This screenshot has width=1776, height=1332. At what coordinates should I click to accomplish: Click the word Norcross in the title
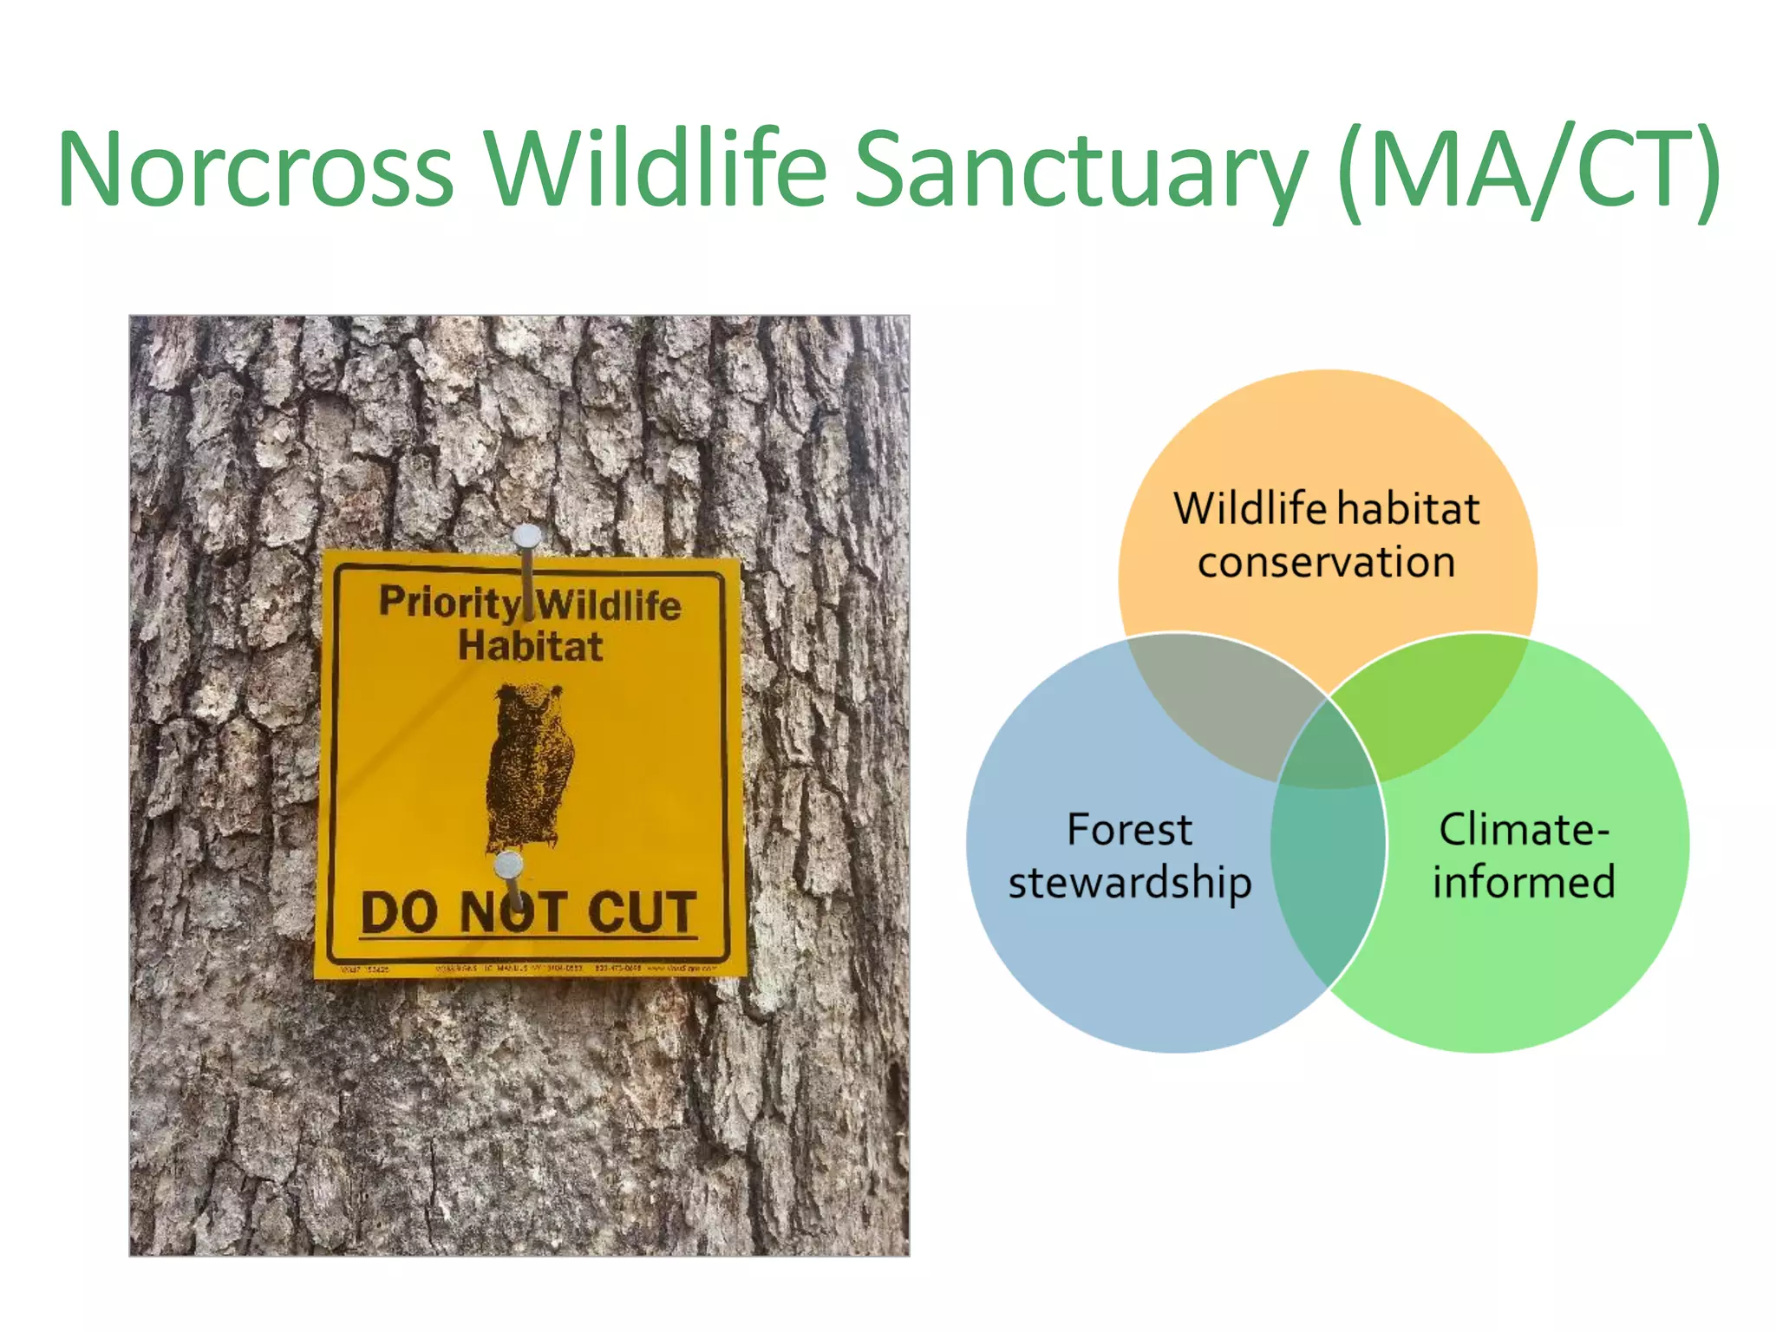click(x=256, y=169)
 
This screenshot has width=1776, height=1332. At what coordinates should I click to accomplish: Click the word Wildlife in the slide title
click(x=655, y=169)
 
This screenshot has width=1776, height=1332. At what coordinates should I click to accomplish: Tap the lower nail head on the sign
click(x=508, y=865)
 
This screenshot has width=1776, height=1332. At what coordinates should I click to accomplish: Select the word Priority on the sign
click(x=449, y=603)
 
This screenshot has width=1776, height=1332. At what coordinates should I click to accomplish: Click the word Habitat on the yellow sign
click(x=530, y=647)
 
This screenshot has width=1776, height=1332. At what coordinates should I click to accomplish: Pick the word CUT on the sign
click(x=642, y=912)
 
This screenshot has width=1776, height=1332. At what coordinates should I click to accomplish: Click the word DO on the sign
click(x=399, y=912)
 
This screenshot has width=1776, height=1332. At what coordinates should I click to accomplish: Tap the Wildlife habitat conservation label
click(x=1327, y=534)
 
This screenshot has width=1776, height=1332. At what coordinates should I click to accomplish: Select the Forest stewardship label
click(x=1129, y=855)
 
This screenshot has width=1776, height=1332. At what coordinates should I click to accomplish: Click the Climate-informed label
click(x=1524, y=855)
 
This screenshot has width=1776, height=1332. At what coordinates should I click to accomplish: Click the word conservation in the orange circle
click(x=1327, y=562)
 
